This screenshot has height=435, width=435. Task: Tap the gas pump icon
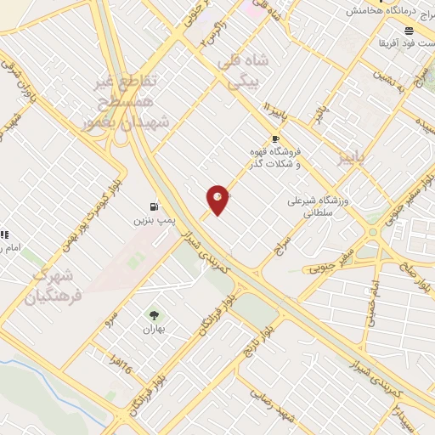(153, 206)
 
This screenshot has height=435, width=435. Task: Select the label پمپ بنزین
(153, 220)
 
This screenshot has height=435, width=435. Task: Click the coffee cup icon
(274, 138)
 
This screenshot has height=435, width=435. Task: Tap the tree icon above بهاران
(154, 315)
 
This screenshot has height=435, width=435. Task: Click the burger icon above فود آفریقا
(409, 29)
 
